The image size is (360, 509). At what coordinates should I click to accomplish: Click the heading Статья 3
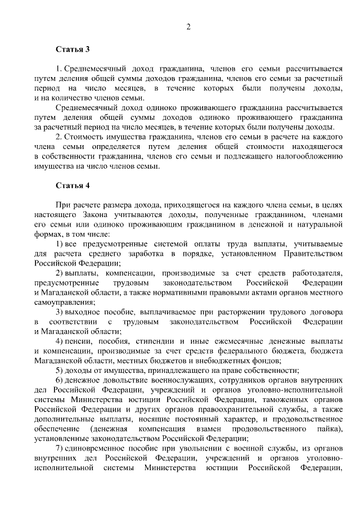pyautogui.click(x=72, y=49)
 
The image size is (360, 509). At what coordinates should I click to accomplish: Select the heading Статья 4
pyautogui.click(x=72, y=185)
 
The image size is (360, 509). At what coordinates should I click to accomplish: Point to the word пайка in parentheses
pyautogui.click(x=327, y=428)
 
